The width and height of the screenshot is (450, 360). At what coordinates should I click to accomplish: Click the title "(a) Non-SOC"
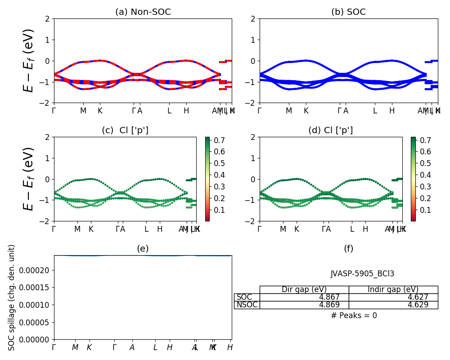click(x=143, y=12)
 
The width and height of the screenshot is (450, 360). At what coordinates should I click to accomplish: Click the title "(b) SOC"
click(x=348, y=12)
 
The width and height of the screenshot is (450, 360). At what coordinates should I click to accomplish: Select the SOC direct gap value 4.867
click(x=329, y=297)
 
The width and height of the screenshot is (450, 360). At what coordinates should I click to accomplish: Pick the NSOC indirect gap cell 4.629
click(x=418, y=305)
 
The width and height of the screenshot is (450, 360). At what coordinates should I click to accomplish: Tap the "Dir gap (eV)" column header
click(x=304, y=290)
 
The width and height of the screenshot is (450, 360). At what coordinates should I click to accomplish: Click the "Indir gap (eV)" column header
click(x=393, y=290)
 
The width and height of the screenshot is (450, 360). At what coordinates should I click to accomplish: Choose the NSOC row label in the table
click(x=247, y=305)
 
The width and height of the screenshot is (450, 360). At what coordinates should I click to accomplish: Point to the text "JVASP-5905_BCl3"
click(x=362, y=274)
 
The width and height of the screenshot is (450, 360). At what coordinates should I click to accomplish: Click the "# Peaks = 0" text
click(x=354, y=315)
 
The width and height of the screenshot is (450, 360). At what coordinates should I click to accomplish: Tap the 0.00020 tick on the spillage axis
click(x=38, y=270)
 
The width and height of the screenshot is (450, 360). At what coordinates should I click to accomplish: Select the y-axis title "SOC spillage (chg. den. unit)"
click(x=12, y=297)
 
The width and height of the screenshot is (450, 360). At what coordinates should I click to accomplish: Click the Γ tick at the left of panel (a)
click(x=54, y=111)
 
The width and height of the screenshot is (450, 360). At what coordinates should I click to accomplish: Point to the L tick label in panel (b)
click(x=375, y=111)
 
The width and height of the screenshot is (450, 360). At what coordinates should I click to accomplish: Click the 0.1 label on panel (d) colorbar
click(x=425, y=210)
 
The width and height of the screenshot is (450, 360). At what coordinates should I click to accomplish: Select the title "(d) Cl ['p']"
click(x=330, y=130)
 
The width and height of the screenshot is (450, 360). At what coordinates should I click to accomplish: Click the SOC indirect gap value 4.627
click(x=418, y=297)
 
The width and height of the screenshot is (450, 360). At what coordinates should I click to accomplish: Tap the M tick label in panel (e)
click(x=75, y=347)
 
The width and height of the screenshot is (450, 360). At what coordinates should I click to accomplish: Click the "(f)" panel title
click(x=348, y=249)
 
